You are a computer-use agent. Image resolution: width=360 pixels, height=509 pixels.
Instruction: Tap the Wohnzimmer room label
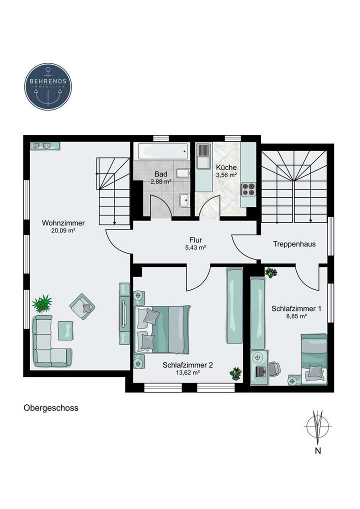click(x=63, y=223)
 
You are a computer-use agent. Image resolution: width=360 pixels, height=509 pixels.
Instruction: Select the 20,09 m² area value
click(x=63, y=231)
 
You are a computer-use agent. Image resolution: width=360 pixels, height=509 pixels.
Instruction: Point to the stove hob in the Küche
click(x=248, y=189)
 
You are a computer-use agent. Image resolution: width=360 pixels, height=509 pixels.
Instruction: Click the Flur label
click(x=195, y=239)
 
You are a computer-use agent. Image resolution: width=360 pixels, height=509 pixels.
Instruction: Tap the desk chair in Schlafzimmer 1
click(x=273, y=369)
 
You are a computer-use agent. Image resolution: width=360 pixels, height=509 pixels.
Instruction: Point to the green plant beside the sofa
click(x=42, y=303)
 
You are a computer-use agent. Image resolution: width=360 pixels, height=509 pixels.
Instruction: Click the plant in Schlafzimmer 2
click(x=235, y=373)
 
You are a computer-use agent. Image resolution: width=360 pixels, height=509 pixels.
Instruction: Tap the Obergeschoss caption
click(x=51, y=407)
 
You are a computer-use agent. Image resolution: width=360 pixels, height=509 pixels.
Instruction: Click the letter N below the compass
click(x=317, y=451)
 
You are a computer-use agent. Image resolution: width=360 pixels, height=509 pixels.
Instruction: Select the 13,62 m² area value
click(x=187, y=372)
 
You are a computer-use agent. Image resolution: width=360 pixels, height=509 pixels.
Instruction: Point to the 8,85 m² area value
click(x=296, y=316)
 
